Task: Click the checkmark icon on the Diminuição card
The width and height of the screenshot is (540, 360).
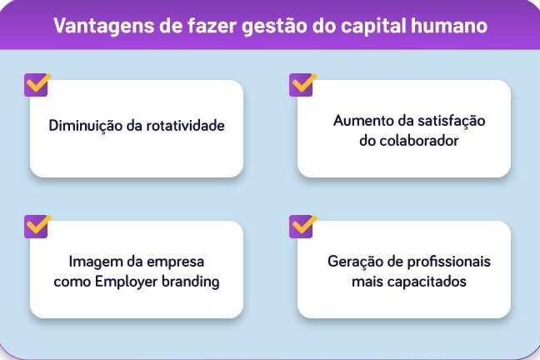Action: tap(37, 84)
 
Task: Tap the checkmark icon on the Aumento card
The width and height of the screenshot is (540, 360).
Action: tap(302, 84)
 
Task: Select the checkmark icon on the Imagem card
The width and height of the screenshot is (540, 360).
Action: tap(37, 227)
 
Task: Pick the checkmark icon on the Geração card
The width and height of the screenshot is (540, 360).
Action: tap(302, 227)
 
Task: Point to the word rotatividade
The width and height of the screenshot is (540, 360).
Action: tap(185, 125)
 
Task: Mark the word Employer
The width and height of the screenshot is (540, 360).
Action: tap(126, 282)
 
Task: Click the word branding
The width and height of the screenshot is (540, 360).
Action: tap(191, 282)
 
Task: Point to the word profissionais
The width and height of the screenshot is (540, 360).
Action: tap(449, 262)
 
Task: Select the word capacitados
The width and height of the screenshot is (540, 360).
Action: tap(428, 282)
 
